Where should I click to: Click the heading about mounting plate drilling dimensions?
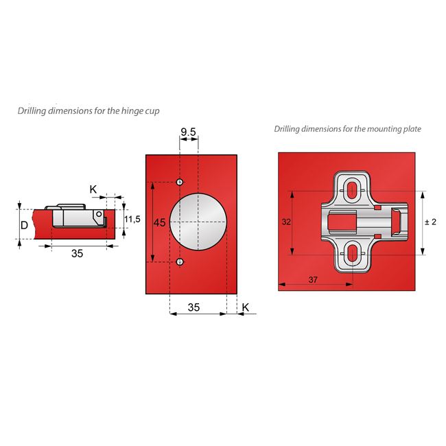(347, 128)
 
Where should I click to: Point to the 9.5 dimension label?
(189, 131)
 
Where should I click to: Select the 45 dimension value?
(159, 223)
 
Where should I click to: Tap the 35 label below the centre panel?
(193, 308)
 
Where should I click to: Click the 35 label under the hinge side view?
(77, 253)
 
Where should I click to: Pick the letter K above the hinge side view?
(93, 189)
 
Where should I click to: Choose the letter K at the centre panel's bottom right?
(246, 308)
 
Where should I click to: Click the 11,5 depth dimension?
(133, 219)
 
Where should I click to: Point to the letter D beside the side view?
(24, 225)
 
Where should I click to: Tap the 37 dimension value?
(313, 279)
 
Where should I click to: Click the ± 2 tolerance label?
(431, 222)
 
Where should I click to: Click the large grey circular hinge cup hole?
(198, 222)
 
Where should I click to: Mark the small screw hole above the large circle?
(179, 182)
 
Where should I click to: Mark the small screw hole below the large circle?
(179, 261)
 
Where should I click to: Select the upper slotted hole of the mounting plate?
(351, 189)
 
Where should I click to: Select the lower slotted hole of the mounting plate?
(351, 255)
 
